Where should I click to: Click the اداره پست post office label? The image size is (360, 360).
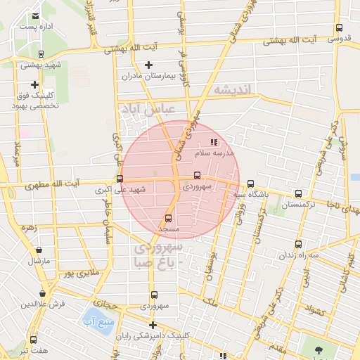pos(36,26)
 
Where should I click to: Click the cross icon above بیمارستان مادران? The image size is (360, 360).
pos(148,65)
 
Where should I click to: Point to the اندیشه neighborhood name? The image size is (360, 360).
pos(237,89)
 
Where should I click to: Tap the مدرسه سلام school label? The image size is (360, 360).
pos(218,153)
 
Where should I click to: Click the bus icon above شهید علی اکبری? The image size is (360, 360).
pos(120,179)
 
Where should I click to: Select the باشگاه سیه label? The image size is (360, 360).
pos(250,195)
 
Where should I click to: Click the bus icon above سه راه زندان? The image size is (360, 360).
pos(299,245)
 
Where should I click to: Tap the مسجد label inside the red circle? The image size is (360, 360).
pos(168,229)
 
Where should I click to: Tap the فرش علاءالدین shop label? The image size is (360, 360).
pos(42,304)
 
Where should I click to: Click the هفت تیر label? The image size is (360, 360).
pos(32,349)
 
